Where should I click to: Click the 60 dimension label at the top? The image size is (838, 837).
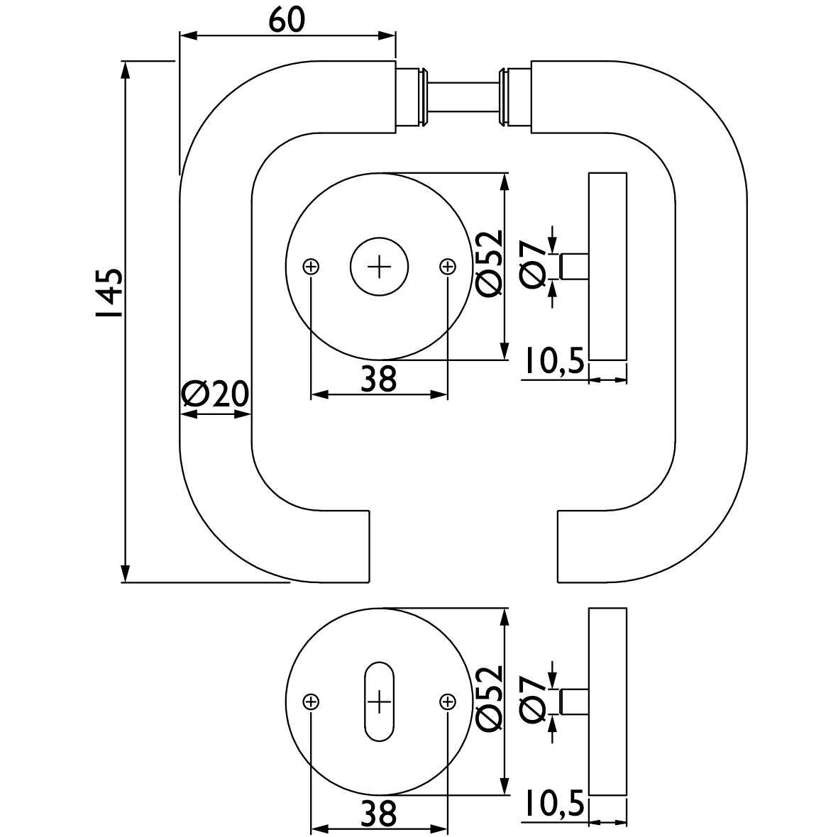tap(287, 21)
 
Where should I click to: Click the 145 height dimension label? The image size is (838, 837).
tap(109, 293)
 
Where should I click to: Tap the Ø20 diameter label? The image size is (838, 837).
tap(215, 394)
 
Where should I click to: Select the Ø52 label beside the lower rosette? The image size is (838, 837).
tap(489, 698)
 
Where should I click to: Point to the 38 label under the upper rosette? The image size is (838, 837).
tap(378, 379)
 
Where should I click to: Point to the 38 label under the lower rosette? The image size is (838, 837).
tap(378, 814)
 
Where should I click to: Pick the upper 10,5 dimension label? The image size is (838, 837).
tap(553, 362)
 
